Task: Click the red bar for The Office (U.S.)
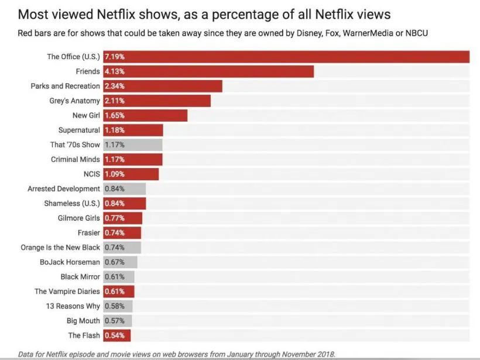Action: [x=286, y=57]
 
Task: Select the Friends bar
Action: [x=208, y=71]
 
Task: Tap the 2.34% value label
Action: [x=114, y=86]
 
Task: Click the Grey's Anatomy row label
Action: [x=75, y=101]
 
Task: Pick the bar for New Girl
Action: [x=145, y=115]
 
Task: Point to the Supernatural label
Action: [x=79, y=130]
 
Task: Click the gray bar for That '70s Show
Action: [x=133, y=145]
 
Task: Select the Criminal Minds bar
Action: [x=133, y=159]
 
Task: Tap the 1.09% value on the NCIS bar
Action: [x=114, y=174]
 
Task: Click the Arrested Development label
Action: [x=64, y=188]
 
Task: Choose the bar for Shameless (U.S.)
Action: [x=125, y=203]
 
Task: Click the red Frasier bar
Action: [x=122, y=232]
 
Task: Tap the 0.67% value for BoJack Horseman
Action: [x=114, y=262]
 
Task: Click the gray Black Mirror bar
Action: [x=119, y=277]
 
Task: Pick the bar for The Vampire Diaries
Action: [x=119, y=292]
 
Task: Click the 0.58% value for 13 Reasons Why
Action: [x=114, y=306]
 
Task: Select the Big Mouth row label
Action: [x=83, y=321]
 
